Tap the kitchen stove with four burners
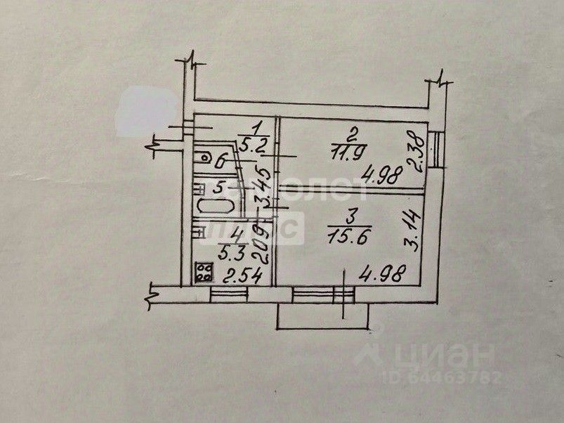204,271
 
